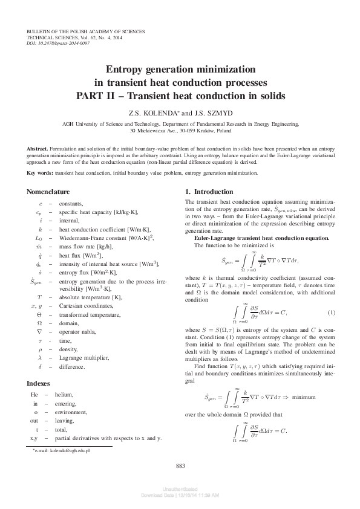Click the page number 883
[180, 465]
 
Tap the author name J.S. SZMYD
[205, 113]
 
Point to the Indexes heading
[39, 383]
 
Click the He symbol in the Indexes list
[34, 395]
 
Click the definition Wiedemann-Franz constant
[95, 239]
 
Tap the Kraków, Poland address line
[180, 129]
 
